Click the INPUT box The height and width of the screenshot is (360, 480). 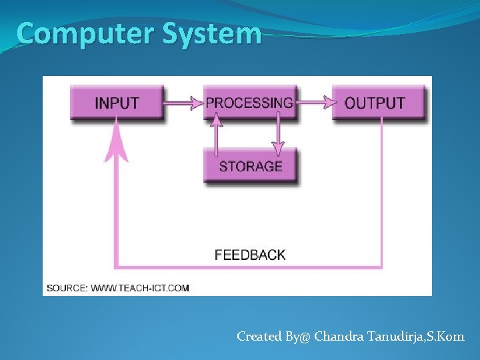coord(117,103)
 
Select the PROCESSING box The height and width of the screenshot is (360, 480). coord(249,103)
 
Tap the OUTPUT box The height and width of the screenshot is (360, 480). coord(377,103)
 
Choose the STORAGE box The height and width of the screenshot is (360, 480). coord(251,166)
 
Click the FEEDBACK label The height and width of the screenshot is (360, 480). coord(250,255)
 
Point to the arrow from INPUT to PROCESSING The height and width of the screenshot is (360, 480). coord(183,103)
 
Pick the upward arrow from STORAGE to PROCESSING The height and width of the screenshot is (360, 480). coord(216,133)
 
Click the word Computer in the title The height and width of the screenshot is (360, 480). coord(71,33)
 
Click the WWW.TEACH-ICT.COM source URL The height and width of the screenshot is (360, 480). coord(139,288)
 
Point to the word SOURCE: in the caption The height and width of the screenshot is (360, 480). coord(67,288)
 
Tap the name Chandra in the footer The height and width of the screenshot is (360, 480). coord(339,337)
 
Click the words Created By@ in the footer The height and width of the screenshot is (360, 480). coord(273,337)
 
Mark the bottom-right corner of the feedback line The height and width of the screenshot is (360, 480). coord(381,267)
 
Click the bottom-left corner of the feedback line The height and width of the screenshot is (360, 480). coord(117,267)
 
